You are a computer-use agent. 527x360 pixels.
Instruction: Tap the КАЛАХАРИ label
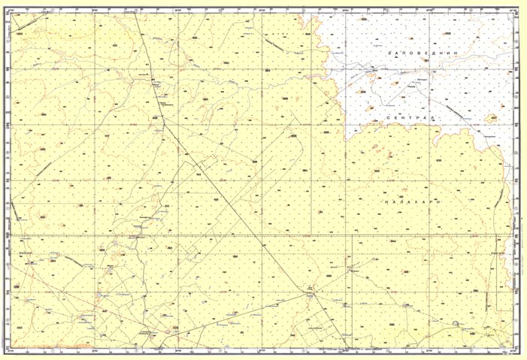[409, 203]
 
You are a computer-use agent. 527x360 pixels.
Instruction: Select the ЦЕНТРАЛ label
[410, 119]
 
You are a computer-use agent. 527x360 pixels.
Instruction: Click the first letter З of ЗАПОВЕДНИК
[389, 55]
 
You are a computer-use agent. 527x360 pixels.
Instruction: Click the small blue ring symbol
[455, 324]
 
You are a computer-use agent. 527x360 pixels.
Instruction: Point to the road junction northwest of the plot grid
[309, 295]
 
